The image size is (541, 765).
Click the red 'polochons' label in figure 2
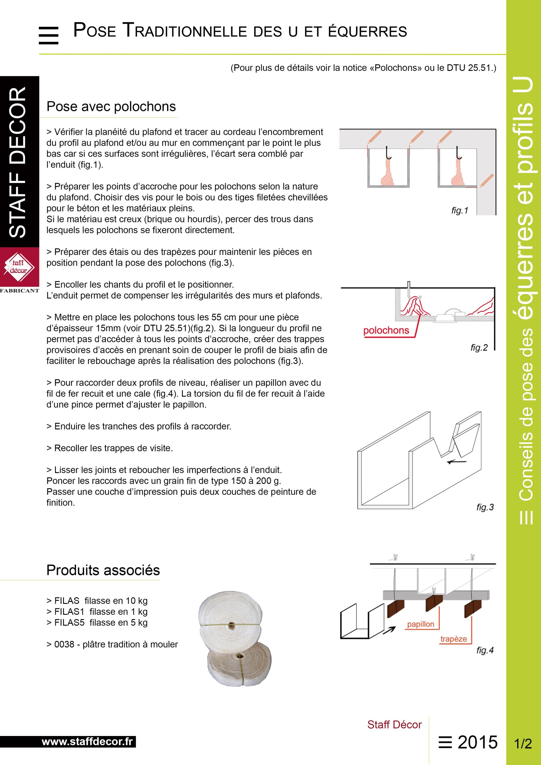(x=386, y=331)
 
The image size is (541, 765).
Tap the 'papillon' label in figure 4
(x=420, y=624)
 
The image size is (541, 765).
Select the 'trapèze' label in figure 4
(x=453, y=639)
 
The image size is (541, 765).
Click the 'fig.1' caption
(x=460, y=211)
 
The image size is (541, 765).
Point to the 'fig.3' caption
(x=485, y=507)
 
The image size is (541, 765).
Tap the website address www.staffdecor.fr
(x=87, y=742)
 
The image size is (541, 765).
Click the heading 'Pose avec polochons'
(x=111, y=107)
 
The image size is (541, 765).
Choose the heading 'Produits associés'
(x=103, y=570)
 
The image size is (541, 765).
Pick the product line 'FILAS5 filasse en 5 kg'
(x=97, y=622)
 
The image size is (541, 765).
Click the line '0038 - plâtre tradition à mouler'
(x=112, y=644)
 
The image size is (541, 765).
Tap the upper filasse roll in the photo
(x=231, y=613)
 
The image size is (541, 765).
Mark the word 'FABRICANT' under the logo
(x=19, y=290)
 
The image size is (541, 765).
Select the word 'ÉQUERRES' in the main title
(x=368, y=32)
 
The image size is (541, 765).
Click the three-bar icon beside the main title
(x=49, y=35)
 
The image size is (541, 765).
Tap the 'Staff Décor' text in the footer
(x=394, y=724)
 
